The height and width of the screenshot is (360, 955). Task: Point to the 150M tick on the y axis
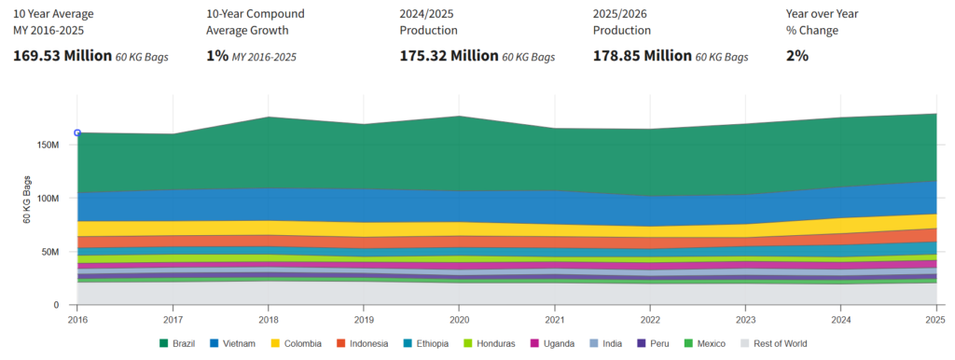click(x=48, y=145)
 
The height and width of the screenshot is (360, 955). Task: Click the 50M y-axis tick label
click(x=51, y=252)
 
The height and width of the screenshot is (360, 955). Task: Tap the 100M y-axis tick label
click(x=48, y=199)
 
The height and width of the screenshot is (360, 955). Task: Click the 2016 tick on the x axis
click(x=77, y=319)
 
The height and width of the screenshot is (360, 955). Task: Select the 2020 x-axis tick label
click(x=459, y=319)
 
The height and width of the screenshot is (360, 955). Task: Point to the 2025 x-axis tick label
click(x=935, y=319)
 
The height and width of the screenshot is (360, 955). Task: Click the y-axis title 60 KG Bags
click(x=27, y=198)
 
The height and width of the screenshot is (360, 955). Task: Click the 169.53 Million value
click(x=62, y=56)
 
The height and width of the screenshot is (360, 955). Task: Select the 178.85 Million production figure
click(x=642, y=56)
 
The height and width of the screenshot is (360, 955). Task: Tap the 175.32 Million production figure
click(x=449, y=56)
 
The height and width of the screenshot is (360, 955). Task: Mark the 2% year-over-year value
click(x=797, y=56)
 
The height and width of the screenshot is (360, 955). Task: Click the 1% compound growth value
click(x=215, y=56)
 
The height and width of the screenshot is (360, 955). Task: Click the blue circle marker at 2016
click(x=77, y=132)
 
